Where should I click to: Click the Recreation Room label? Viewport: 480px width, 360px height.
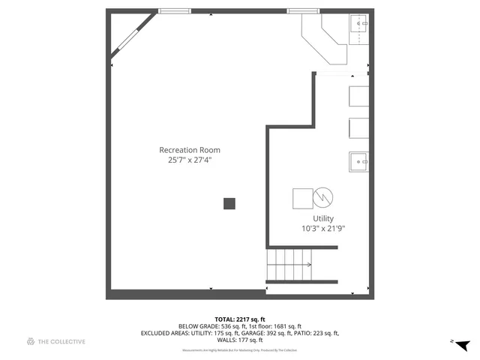pos(189,150)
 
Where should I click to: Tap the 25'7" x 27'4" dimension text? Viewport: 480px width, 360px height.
pos(189,160)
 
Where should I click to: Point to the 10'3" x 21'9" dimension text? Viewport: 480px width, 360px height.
pos(323,229)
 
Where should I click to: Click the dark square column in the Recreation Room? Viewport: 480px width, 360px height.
pos(229,203)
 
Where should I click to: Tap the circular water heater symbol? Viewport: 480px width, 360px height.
pos(323,198)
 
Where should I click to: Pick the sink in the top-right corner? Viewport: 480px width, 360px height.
pos(359,24)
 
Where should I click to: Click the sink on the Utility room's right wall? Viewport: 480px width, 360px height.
pos(359,161)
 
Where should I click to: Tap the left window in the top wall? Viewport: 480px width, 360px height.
pos(175,10)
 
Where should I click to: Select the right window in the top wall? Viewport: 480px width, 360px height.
pos(303,10)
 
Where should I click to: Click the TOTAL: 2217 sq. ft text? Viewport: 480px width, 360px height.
pos(240,319)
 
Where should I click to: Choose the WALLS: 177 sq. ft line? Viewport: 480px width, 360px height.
pos(240,340)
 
